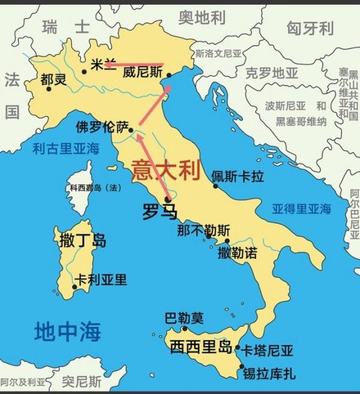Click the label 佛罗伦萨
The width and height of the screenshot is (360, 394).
[102, 127]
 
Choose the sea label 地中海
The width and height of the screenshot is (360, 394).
[67, 330]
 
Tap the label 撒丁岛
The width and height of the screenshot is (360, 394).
[83, 241]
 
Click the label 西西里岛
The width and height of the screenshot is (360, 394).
[200, 346]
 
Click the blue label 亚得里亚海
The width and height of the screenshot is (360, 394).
[301, 209]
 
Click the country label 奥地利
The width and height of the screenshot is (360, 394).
[202, 19]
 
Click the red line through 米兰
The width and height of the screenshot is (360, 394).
[136, 64]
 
